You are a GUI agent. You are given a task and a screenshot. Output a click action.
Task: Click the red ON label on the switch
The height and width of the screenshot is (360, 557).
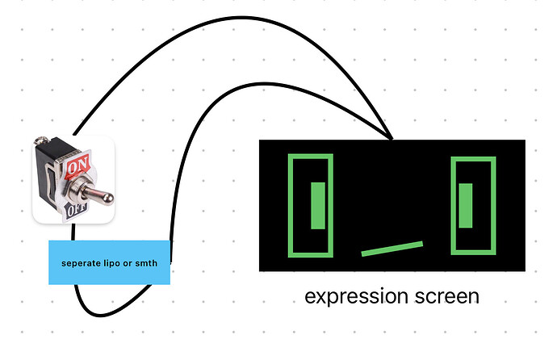(77, 165)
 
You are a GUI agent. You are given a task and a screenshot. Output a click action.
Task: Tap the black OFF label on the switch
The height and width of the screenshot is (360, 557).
(76, 211)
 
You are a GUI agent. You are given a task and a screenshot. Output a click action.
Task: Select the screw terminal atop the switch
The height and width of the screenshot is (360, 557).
(41, 140)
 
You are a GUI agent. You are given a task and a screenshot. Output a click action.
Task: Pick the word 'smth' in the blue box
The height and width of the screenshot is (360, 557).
(146, 263)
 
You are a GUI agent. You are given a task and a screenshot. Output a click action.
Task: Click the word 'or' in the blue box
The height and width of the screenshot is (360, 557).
(128, 264)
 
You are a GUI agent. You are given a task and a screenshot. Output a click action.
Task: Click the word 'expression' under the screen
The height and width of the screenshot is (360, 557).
(356, 297)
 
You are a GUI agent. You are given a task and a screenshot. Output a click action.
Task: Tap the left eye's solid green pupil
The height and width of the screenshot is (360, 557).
(318, 206)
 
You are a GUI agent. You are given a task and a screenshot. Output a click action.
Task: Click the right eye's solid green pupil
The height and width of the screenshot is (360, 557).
(465, 206)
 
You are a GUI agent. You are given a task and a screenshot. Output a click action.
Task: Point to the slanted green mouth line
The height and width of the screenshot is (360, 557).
(392, 249)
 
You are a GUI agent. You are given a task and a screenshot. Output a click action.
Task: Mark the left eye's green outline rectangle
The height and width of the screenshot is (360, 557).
(311, 206)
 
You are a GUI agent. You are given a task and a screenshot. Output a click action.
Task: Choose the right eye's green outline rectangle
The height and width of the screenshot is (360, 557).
(473, 206)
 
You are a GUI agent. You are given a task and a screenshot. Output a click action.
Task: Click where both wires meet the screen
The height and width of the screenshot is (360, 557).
(392, 139)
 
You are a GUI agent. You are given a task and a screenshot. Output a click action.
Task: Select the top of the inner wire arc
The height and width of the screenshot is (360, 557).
(263, 84)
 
